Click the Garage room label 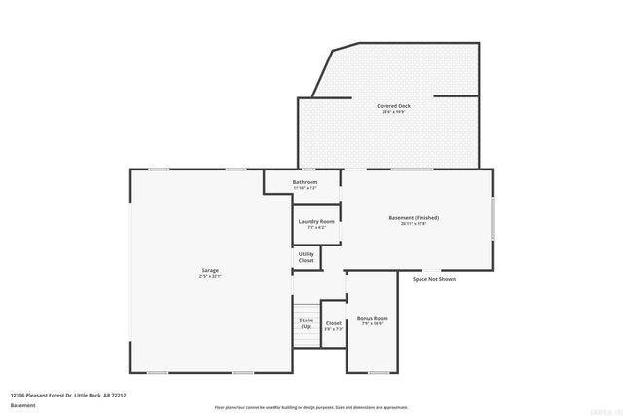click(210, 270)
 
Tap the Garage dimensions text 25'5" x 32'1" click(210, 276)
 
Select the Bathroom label click(306, 182)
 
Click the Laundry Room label click(315, 222)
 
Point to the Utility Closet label click(307, 257)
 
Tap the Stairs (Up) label click(306, 321)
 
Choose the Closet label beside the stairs click(333, 323)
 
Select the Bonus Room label click(373, 319)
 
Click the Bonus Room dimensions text click(373, 324)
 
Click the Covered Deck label click(393, 105)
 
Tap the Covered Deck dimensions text click(393, 112)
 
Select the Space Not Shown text click(433, 279)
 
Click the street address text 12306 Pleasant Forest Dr click(68, 395)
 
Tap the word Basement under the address click(22, 405)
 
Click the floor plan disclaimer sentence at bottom click(311, 406)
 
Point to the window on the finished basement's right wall click(493, 216)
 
